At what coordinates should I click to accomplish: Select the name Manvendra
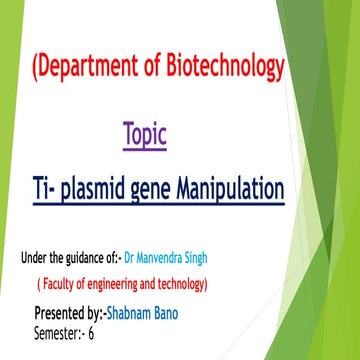tap(187, 260)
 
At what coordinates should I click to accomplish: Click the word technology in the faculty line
tap(183, 284)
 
